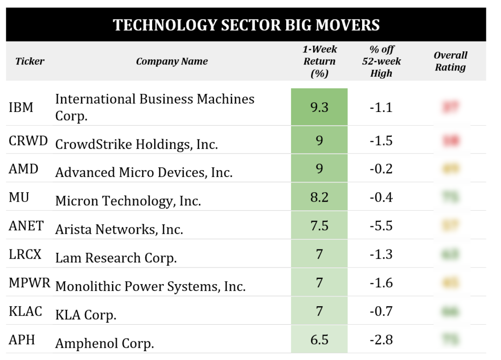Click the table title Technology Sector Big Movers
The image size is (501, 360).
246,25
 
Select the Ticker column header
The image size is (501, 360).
29,62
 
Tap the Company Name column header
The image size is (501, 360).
172,62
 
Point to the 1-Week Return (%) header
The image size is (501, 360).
319,62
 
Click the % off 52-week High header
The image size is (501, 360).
381,62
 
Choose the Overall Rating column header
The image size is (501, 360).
450,62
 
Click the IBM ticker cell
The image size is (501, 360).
21,107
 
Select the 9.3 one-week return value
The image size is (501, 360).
319,107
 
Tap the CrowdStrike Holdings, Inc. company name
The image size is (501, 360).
137,144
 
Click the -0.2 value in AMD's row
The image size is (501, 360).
381,169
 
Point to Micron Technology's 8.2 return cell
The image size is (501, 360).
319,197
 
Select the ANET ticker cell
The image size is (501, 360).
26,225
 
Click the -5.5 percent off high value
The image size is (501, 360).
381,225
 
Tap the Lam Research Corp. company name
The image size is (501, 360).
116,258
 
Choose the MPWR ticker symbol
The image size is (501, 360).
29,283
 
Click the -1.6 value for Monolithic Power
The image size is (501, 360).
381,283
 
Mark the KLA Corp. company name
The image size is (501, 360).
86,315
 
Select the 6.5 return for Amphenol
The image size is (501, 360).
319,339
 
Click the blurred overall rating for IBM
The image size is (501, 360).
450,107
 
